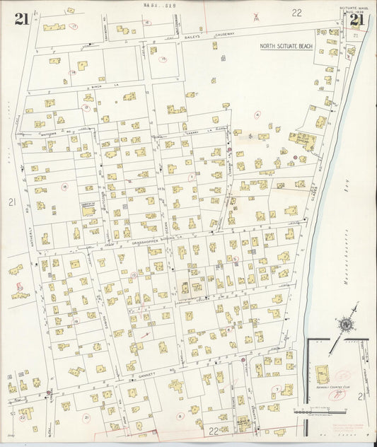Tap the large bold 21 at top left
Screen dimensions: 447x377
click(x=21, y=20)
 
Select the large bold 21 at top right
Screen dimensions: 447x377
click(x=356, y=20)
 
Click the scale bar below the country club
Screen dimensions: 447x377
click(x=323, y=411)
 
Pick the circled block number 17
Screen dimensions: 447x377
click(x=74, y=27)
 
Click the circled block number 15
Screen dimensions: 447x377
click(x=163, y=59)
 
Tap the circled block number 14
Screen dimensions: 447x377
click(x=71, y=72)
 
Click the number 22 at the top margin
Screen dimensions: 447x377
click(x=296, y=12)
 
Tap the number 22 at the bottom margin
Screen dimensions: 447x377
click(x=213, y=431)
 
